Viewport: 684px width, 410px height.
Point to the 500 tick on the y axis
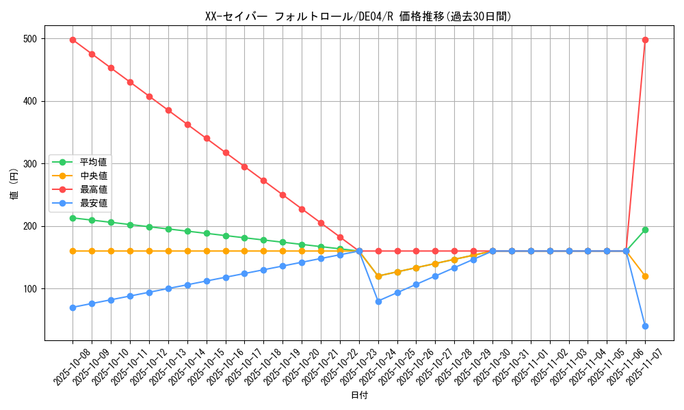click(29, 39)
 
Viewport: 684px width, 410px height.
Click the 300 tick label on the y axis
click(29, 164)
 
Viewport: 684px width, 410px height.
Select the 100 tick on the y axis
click(29, 289)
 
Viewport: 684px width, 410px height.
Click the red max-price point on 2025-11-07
click(645, 40)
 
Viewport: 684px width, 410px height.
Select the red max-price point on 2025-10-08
click(73, 40)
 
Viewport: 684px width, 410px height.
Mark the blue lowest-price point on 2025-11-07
click(645, 326)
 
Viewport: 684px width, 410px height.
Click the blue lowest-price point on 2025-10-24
click(378, 301)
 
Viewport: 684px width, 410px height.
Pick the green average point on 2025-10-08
click(73, 218)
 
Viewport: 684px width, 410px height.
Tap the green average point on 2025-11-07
click(645, 230)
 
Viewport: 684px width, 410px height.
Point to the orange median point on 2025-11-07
click(645, 276)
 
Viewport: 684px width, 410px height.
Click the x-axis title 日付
click(359, 396)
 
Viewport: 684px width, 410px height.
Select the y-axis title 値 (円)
click(14, 184)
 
